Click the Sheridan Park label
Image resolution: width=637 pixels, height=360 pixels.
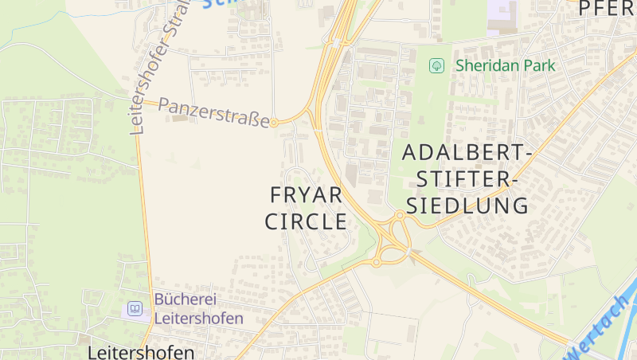505,66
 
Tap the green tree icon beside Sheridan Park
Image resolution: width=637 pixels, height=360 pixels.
436,66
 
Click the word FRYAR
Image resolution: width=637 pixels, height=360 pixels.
306,195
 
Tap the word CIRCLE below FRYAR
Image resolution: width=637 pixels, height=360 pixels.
306,221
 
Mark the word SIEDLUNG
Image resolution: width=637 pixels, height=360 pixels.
467,205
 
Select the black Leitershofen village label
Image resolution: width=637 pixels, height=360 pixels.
140,352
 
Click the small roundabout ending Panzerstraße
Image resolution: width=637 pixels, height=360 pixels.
274,123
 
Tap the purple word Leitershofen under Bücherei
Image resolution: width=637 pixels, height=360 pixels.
198,318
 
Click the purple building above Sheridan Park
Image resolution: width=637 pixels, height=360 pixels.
502,15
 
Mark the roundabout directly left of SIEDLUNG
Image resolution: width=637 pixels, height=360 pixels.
400,215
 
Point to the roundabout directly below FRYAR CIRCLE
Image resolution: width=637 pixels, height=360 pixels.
376,262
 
